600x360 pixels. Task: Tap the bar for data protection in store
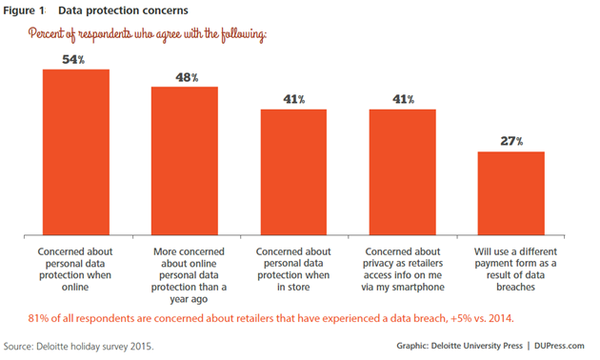(293, 171)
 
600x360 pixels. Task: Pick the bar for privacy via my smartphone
(402, 171)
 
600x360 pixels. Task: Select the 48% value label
(185, 76)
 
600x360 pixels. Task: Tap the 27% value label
(511, 141)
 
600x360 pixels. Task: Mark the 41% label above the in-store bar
(293, 98)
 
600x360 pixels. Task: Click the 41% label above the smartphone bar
(402, 98)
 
